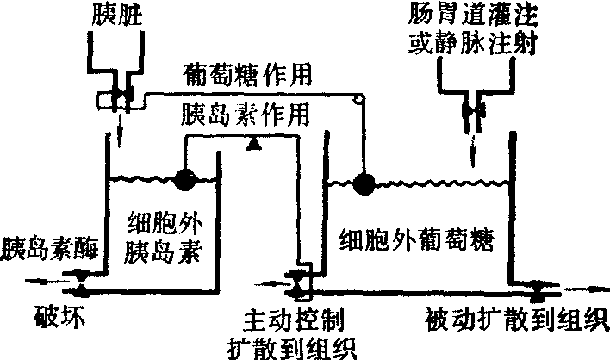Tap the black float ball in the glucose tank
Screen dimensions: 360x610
coord(362,183)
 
